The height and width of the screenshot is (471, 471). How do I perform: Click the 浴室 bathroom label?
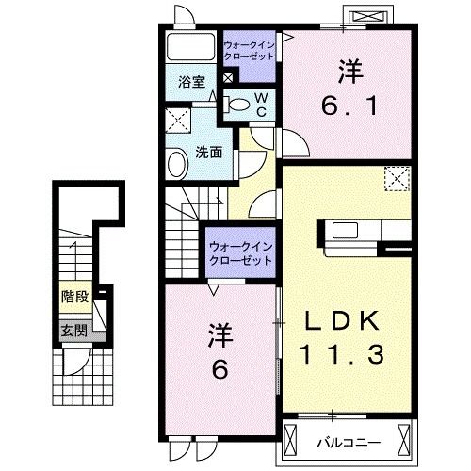pos(191,82)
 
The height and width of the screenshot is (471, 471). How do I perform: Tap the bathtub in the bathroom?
pos(190,47)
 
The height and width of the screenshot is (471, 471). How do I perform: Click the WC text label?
pos(261,105)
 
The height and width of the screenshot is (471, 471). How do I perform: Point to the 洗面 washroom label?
pos(209,153)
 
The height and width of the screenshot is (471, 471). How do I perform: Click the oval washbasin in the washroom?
pos(177,164)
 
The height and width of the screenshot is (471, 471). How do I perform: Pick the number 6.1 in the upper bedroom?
pos(349,106)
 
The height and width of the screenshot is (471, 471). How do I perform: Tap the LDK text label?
pos(342,320)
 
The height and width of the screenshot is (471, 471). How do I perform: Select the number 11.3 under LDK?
pos(342,354)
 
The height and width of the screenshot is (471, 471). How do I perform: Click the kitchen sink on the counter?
pos(345,230)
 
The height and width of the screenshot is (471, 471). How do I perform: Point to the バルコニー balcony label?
pos(349,443)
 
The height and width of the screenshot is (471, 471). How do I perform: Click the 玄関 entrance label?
pos(74,331)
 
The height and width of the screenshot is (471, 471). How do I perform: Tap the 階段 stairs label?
pos(75,297)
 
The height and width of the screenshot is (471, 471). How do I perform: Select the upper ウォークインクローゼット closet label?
pos(250,51)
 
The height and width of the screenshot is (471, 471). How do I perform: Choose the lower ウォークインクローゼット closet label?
pos(240,253)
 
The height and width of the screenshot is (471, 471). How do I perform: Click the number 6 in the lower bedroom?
pos(219,369)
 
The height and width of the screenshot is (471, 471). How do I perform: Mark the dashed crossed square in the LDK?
pos(398,179)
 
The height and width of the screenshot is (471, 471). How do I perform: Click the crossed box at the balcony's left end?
pos(290,440)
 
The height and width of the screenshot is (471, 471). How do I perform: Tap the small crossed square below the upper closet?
pos(228,77)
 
